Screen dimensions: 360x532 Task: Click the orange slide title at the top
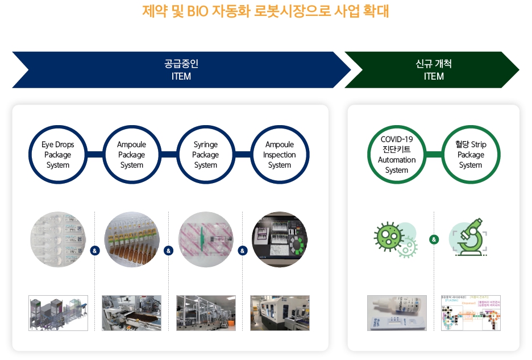[265, 11]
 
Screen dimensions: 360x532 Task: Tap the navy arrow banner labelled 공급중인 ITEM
[181, 70]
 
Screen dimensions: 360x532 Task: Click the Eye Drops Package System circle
[57, 155]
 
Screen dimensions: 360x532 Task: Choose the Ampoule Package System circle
[131, 155]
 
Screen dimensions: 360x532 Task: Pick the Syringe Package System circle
[205, 155]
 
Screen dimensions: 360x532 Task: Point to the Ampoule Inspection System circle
[279, 155]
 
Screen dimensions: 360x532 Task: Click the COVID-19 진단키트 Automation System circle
[397, 155]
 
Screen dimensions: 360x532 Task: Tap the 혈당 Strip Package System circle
[471, 155]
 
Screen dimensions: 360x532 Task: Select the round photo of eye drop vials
[58, 239]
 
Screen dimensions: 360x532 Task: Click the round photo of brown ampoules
[132, 239]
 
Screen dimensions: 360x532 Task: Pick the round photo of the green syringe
[206, 239]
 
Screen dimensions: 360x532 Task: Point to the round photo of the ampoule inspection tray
[280, 239]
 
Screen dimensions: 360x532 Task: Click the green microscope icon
[470, 239]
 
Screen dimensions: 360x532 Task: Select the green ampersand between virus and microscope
[434, 239]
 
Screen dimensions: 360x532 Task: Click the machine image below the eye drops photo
[58, 313]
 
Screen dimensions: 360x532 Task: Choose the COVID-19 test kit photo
[397, 313]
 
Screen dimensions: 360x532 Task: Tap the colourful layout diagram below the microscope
[471, 313]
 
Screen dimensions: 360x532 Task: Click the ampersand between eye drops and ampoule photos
[95, 250]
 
